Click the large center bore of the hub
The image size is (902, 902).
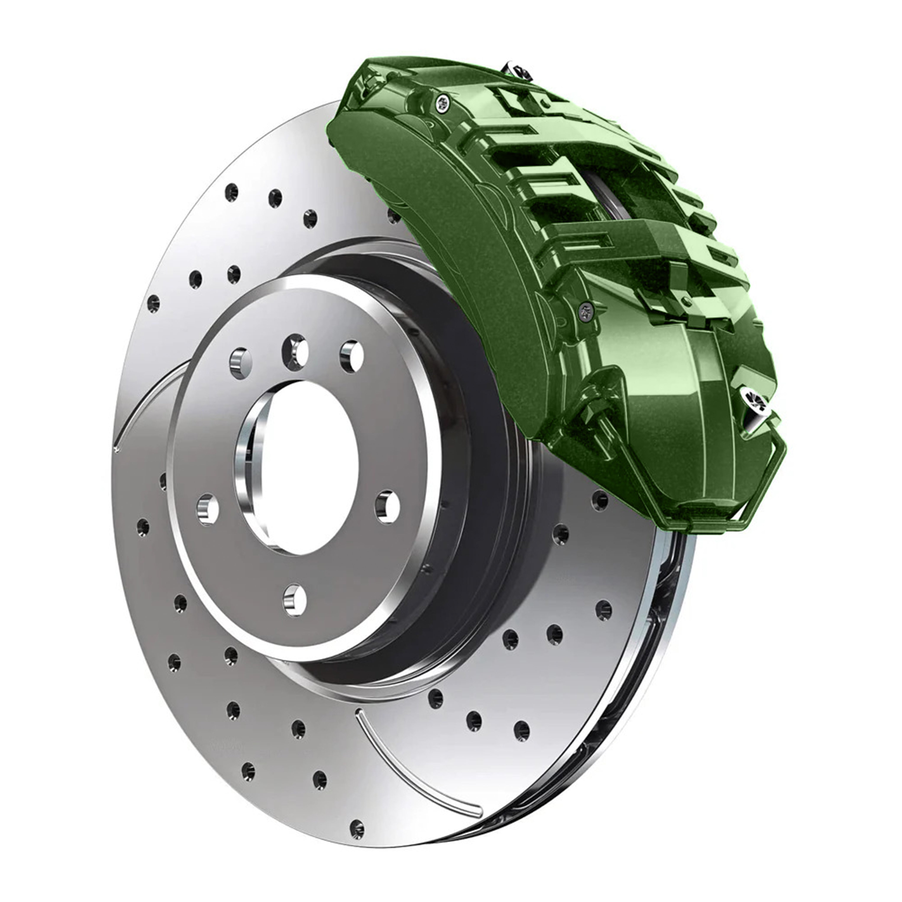(x=299, y=467)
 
